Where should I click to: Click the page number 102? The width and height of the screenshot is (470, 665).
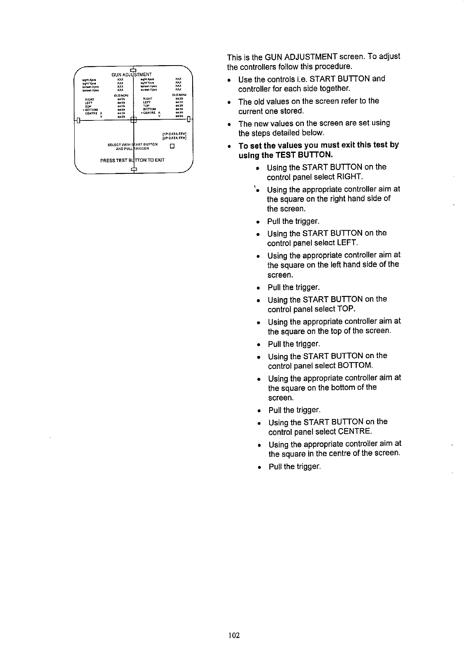(234, 635)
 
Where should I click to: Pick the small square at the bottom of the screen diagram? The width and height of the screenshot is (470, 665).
(133, 170)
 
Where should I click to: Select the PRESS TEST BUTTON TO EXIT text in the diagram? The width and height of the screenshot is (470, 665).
(132, 160)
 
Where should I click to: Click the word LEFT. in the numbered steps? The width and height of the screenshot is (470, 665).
(346, 243)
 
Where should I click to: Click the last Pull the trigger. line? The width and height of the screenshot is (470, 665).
(295, 467)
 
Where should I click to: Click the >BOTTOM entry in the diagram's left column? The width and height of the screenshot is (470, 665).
(90, 109)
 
